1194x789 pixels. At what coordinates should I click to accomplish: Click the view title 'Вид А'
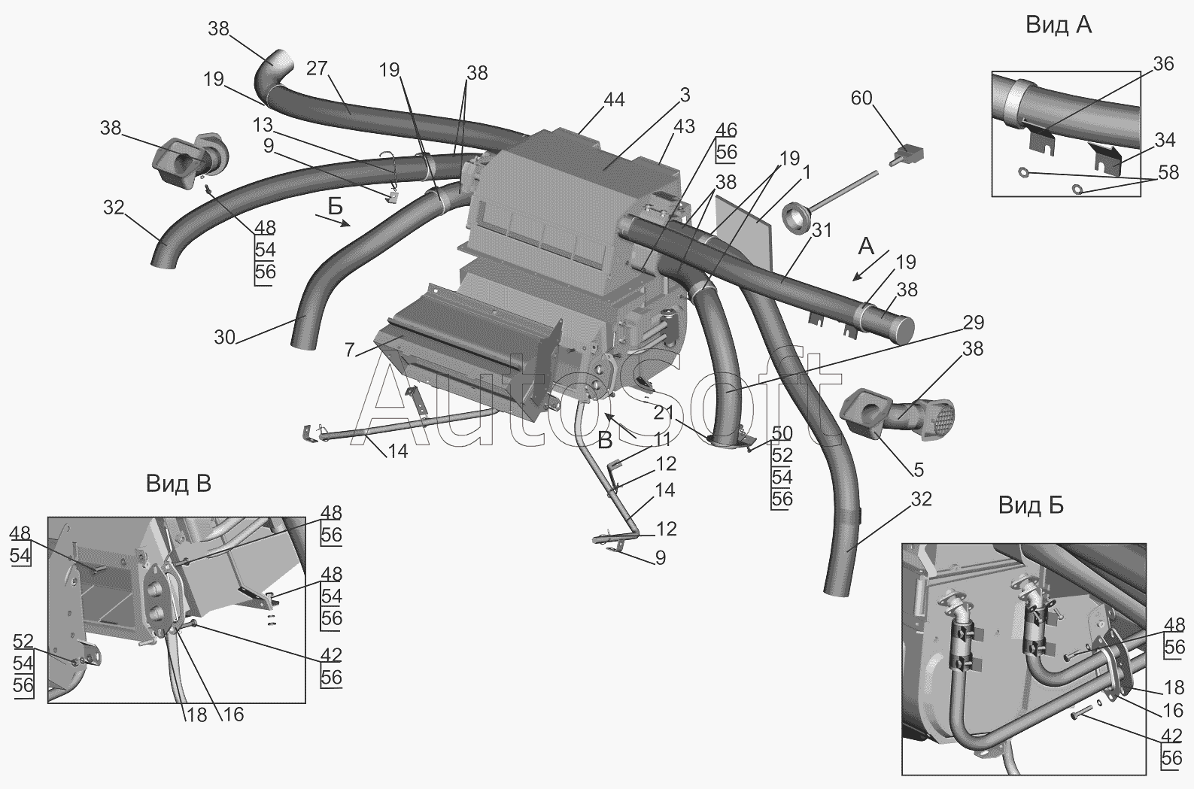click(x=1059, y=25)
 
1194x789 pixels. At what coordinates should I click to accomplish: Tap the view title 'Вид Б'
click(x=1031, y=505)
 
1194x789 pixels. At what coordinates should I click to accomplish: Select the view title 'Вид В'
click(x=178, y=484)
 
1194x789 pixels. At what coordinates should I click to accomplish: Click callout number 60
click(x=861, y=98)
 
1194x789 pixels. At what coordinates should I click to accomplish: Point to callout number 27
click(x=317, y=68)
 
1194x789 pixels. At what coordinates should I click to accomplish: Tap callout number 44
click(x=614, y=99)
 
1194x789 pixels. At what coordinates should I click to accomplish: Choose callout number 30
click(x=225, y=337)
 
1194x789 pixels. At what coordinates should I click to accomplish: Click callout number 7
click(x=350, y=350)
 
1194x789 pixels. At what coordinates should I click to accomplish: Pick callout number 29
click(x=974, y=323)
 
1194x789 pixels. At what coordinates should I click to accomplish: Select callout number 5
click(x=919, y=469)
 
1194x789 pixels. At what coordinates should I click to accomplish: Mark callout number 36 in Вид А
click(x=1163, y=64)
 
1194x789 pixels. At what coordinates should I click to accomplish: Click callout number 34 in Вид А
click(x=1165, y=140)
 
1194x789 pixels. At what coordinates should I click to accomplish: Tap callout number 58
click(x=1168, y=172)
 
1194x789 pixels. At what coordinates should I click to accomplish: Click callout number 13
click(x=263, y=125)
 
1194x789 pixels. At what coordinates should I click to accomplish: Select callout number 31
click(x=822, y=230)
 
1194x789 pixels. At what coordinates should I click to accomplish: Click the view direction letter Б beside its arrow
click(x=336, y=205)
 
